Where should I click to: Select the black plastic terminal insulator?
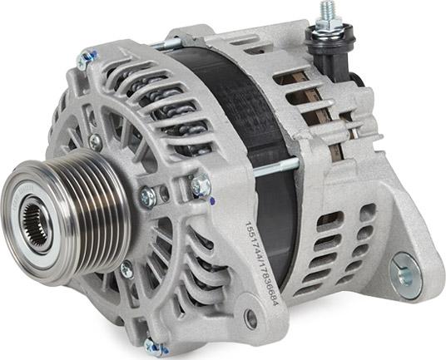331,50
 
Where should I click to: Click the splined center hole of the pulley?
36,224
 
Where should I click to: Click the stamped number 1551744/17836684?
261,264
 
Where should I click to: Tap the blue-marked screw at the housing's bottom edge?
155,347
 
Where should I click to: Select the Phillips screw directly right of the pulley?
148,197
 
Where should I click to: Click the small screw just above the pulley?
96,141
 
